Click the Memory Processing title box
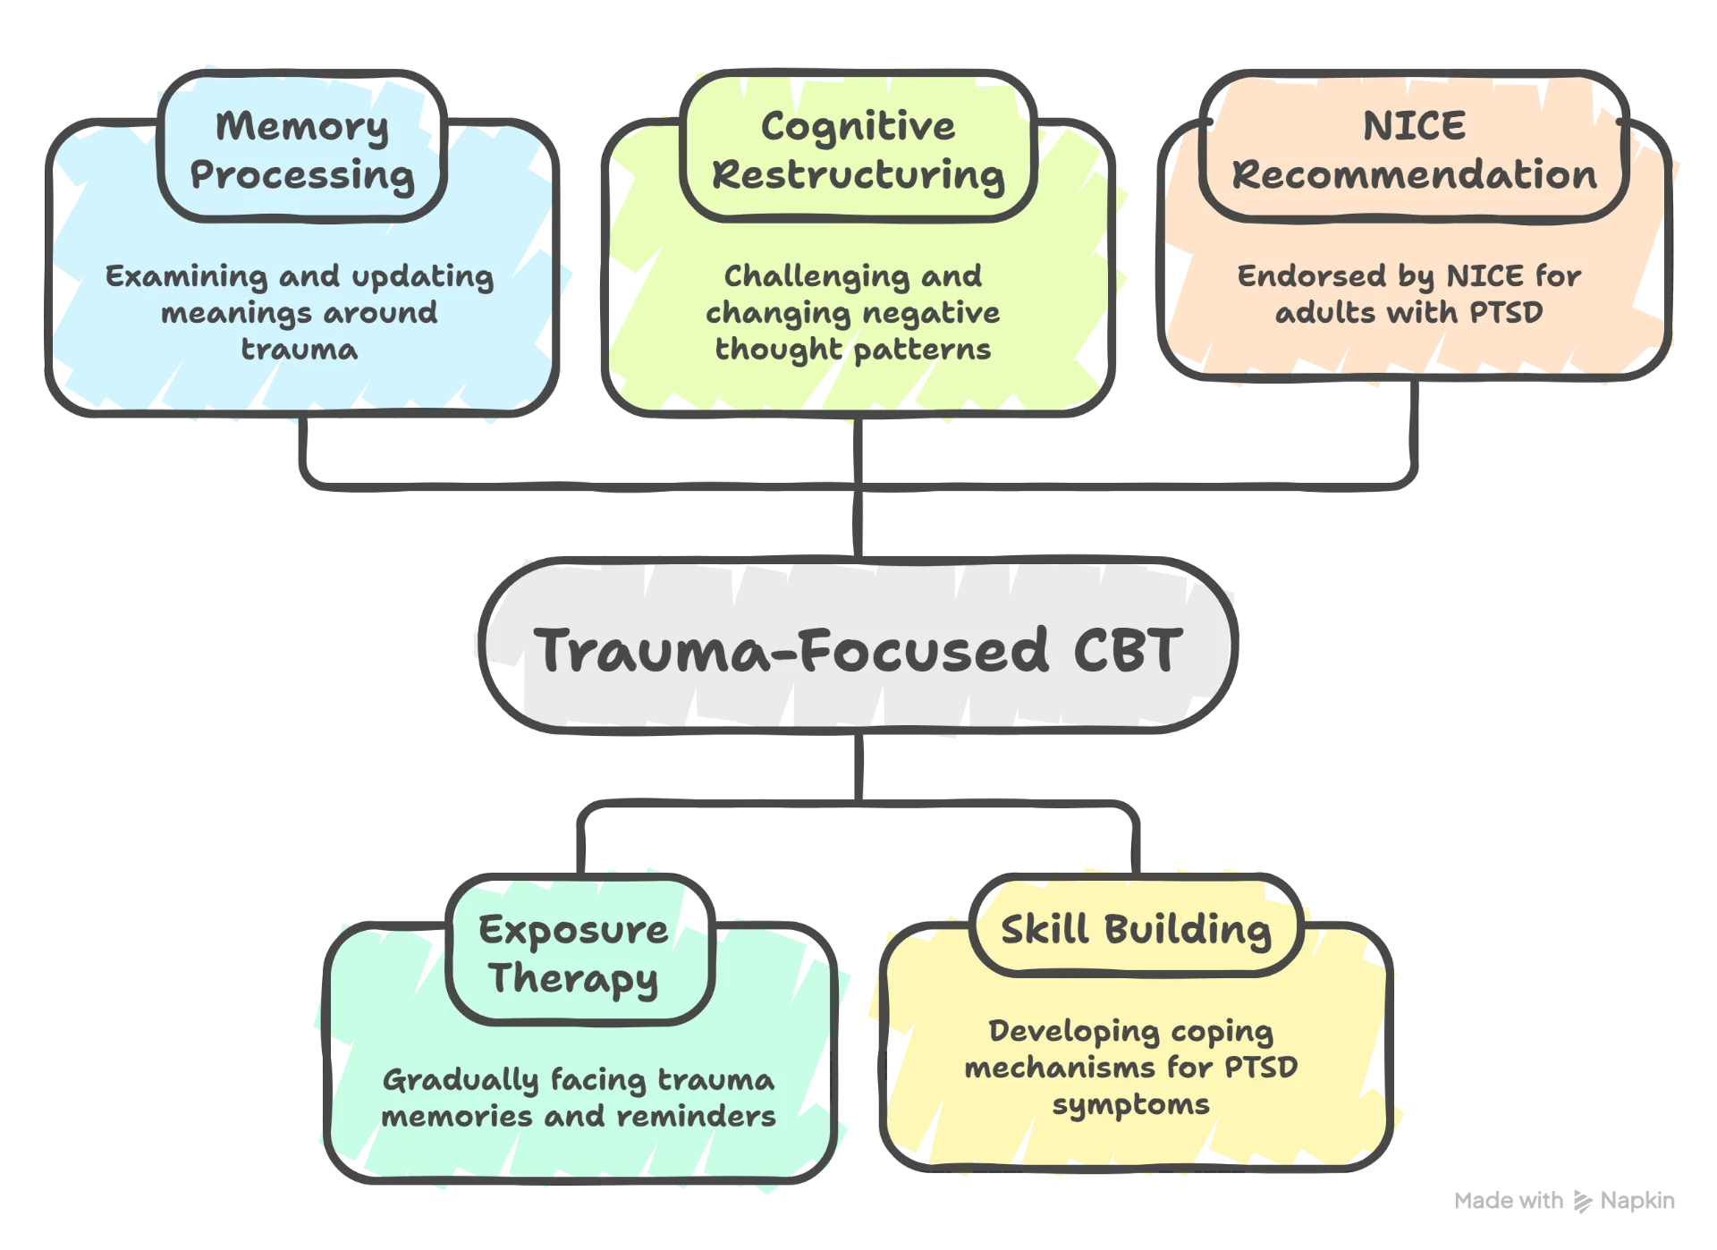point(302,149)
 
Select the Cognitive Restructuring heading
point(858,149)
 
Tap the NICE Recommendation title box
point(1414,149)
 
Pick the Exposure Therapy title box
point(573,953)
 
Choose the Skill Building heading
point(1136,929)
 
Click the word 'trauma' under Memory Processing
point(300,349)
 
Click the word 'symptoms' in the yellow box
point(1130,1104)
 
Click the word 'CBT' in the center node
point(1128,649)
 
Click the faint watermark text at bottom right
point(1565,1201)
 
